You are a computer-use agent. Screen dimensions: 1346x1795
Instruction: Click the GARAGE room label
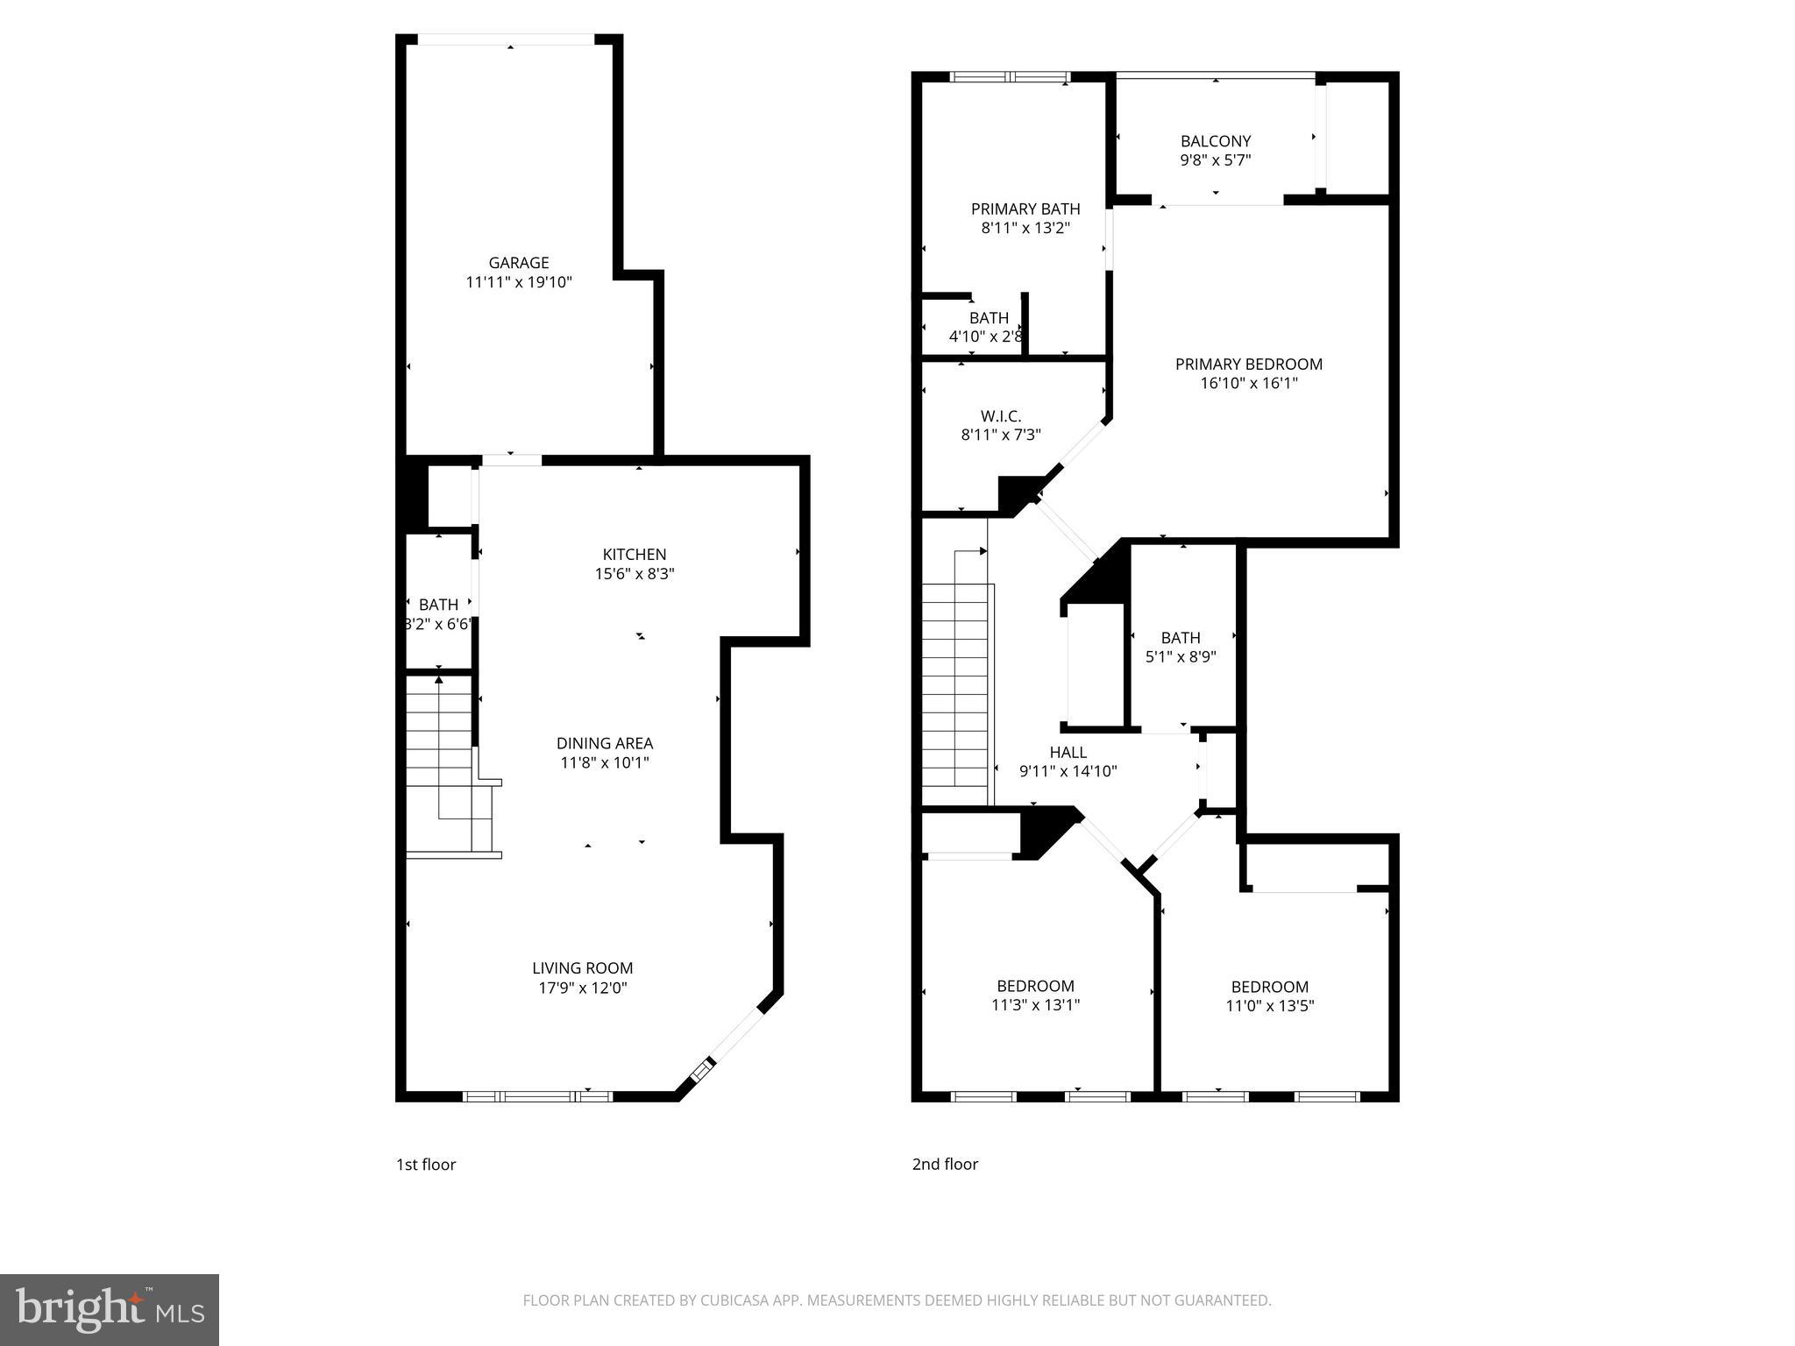pyautogui.click(x=519, y=262)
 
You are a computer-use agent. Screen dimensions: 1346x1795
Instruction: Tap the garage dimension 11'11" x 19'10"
pyautogui.click(x=519, y=282)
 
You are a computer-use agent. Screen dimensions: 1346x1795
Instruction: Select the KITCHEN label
pyautogui.click(x=635, y=554)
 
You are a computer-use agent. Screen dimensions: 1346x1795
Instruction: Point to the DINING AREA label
pyautogui.click(x=605, y=743)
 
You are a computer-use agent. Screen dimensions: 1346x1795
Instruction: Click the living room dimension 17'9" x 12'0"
pyautogui.click(x=583, y=988)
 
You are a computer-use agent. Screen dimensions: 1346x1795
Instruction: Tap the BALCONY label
pyautogui.click(x=1215, y=141)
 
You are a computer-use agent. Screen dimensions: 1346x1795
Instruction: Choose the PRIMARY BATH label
pyautogui.click(x=1025, y=209)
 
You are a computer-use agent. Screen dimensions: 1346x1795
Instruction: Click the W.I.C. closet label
pyautogui.click(x=1001, y=416)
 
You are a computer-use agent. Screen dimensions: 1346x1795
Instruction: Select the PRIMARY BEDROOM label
pyautogui.click(x=1249, y=364)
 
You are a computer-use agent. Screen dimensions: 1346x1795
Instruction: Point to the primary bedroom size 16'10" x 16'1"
pyautogui.click(x=1249, y=383)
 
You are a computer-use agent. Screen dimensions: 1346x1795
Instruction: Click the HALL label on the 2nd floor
pyautogui.click(x=1068, y=752)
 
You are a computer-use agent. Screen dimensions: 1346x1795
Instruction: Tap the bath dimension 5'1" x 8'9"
pyautogui.click(x=1181, y=656)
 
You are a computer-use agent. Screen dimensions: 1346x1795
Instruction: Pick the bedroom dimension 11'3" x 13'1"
pyautogui.click(x=1035, y=1005)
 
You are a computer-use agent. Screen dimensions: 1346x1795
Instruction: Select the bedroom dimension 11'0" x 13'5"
pyautogui.click(x=1269, y=1006)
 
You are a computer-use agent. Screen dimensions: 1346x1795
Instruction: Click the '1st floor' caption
pyautogui.click(x=426, y=1164)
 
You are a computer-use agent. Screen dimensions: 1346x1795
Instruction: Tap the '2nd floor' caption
pyautogui.click(x=945, y=1164)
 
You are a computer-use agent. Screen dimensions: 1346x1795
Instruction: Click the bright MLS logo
pyautogui.click(x=110, y=1309)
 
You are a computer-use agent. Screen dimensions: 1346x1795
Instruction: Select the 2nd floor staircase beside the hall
pyautogui.click(x=954, y=684)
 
